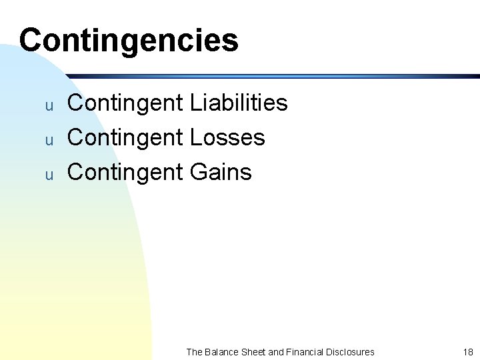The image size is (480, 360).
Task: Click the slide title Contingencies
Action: point(129,40)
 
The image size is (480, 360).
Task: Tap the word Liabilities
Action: point(239,103)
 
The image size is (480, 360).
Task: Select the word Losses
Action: point(227,137)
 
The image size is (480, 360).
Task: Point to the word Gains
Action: point(221,172)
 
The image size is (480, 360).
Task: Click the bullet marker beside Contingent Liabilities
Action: point(48,105)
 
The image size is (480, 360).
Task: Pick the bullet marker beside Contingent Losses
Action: point(48,140)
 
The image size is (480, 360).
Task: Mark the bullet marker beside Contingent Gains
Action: point(48,175)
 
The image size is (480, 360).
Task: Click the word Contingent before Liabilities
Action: point(125,103)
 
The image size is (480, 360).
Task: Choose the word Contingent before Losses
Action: point(125,137)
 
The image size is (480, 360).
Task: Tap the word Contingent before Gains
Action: point(125,172)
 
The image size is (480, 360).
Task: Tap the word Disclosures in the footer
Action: point(351,351)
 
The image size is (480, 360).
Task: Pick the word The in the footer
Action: point(194,351)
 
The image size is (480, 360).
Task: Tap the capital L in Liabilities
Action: point(195,103)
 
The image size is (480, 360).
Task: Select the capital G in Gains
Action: point(199,172)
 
